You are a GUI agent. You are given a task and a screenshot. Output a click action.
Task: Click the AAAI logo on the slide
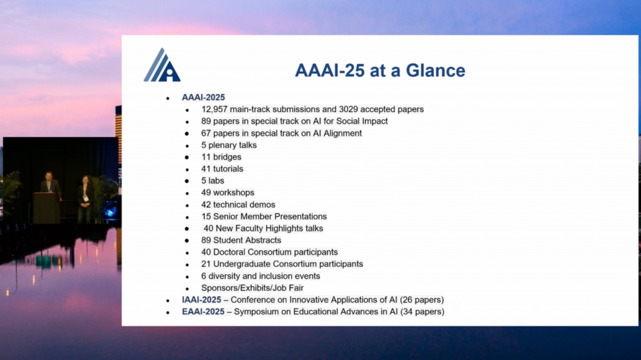click(162, 65)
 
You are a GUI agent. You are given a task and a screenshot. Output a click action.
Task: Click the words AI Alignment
click(338, 133)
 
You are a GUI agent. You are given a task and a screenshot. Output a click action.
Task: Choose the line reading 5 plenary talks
click(228, 145)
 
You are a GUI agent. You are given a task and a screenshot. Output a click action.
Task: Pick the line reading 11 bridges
click(221, 157)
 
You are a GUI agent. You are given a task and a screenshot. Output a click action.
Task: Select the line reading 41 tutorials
click(222, 168)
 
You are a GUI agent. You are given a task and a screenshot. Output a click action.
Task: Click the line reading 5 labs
click(212, 180)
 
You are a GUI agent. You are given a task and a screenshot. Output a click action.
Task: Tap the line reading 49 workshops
click(227, 192)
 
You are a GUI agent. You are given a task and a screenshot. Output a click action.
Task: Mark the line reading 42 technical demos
click(238, 204)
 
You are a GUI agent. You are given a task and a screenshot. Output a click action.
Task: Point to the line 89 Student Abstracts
click(241, 240)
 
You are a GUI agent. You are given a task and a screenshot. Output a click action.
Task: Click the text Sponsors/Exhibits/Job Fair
click(252, 287)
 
